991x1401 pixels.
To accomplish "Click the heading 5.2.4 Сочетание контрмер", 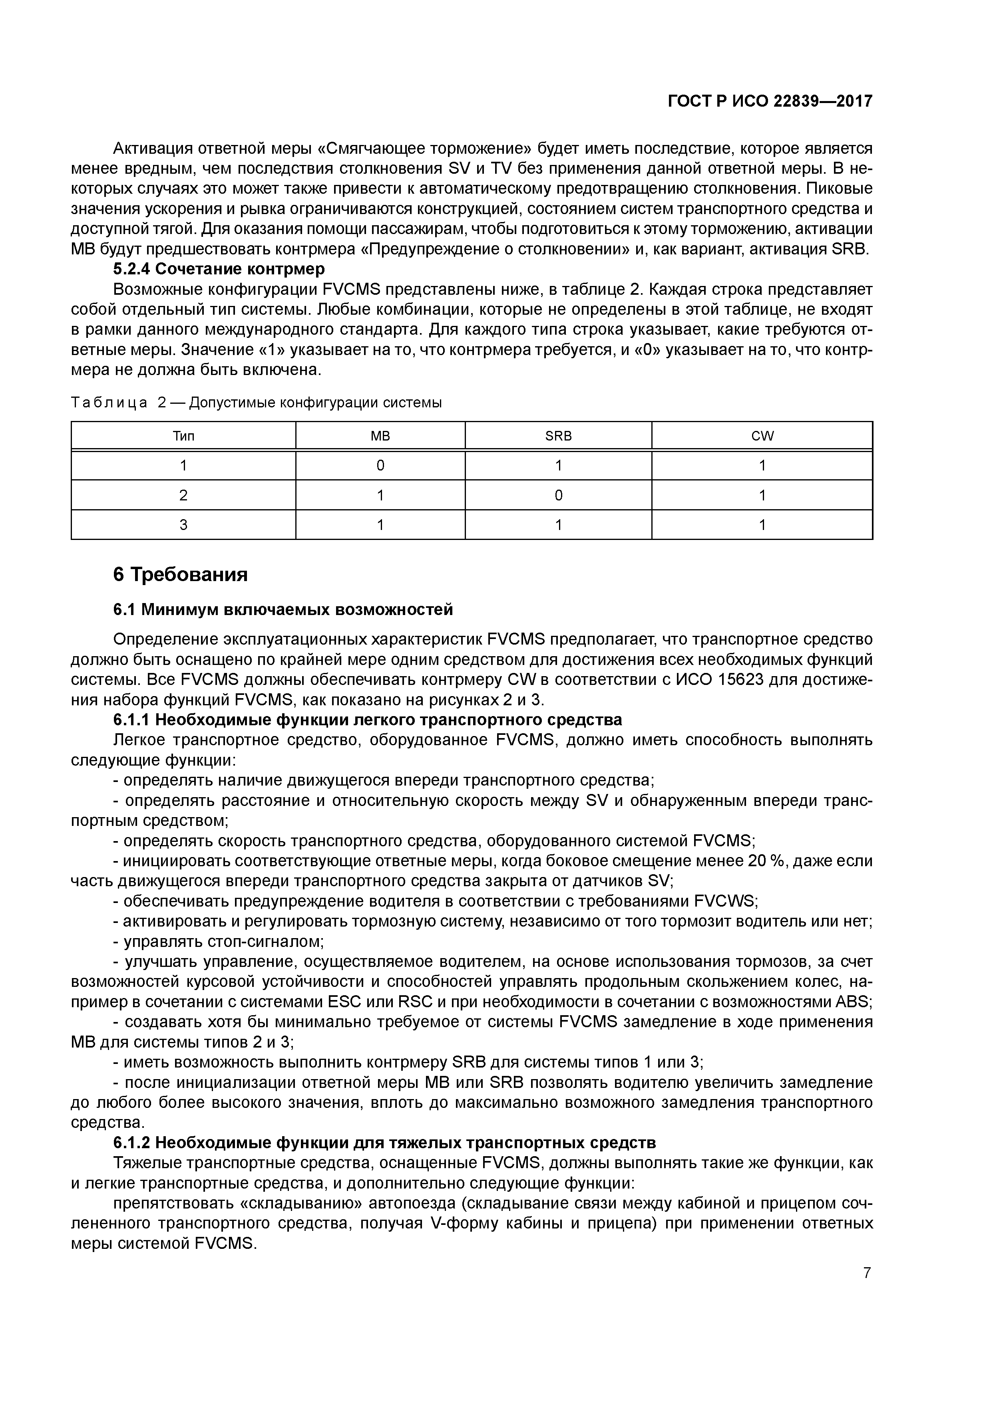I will [x=219, y=269].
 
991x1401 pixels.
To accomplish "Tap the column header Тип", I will [x=183, y=436].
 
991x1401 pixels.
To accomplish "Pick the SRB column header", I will [x=558, y=436].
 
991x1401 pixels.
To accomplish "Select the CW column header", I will [x=762, y=436].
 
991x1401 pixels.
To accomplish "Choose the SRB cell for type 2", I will [x=558, y=496].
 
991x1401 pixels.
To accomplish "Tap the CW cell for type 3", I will [x=762, y=525].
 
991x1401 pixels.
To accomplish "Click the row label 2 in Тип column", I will [x=183, y=496].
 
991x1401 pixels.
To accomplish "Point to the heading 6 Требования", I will [x=181, y=575].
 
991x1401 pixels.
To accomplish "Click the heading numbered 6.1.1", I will [x=368, y=720].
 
